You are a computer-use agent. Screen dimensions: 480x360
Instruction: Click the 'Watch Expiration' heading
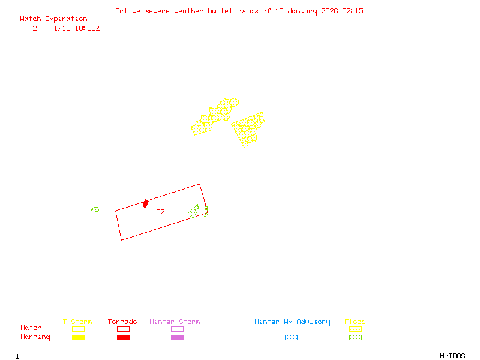[x=53, y=19]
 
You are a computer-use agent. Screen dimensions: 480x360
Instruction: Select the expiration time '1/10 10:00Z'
[x=76, y=28]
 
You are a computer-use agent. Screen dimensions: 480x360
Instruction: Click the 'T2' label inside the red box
[x=160, y=212]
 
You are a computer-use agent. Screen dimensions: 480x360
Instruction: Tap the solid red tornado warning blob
[x=145, y=203]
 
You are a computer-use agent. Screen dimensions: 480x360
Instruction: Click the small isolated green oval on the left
[x=95, y=209]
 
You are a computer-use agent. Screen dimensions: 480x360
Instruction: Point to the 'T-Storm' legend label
[x=77, y=322]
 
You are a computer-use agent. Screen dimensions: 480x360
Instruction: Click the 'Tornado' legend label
[x=122, y=322]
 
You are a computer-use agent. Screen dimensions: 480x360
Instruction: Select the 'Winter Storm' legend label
[x=175, y=322]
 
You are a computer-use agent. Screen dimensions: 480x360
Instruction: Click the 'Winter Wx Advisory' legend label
[x=292, y=322]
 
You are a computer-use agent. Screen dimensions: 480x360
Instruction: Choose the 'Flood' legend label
[x=355, y=322]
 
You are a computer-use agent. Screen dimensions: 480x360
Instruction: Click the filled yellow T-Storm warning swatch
[x=78, y=338]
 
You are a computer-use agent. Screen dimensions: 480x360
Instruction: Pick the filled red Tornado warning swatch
[x=123, y=338]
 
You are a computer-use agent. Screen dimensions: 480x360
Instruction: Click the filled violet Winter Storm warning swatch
[x=177, y=338]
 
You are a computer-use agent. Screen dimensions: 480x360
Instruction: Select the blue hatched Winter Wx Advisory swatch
[x=291, y=338]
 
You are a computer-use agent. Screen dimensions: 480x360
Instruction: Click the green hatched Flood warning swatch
[x=355, y=338]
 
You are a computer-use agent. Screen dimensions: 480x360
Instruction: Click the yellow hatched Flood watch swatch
[x=355, y=329]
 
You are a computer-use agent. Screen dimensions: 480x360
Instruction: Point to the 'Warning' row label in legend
[x=35, y=337]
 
